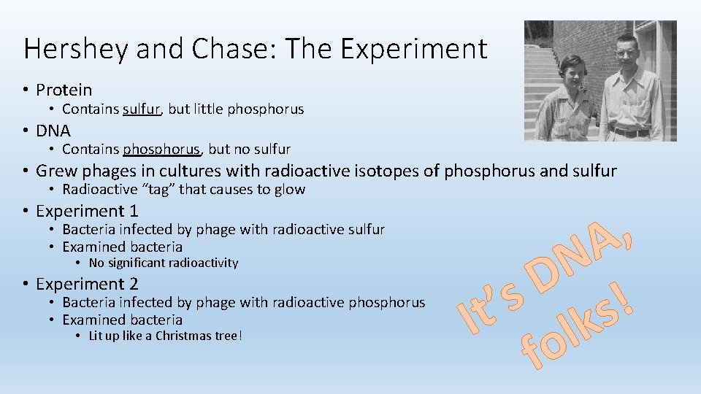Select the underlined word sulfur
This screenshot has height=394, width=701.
tap(142, 109)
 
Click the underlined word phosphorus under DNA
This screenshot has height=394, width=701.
tap(161, 150)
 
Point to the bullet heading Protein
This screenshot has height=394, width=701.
tap(64, 90)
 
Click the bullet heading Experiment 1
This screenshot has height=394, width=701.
tap(87, 212)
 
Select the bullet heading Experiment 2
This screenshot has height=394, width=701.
tap(87, 284)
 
